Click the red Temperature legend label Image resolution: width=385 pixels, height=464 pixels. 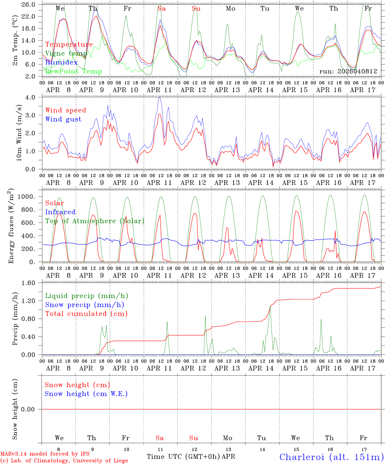click(69, 44)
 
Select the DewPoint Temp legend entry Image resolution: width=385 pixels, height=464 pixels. click(74, 72)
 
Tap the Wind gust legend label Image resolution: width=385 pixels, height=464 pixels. click(63, 119)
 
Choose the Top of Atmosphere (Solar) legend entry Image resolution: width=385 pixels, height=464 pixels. click(95, 221)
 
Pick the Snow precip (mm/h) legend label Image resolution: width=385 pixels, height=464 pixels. click(84, 305)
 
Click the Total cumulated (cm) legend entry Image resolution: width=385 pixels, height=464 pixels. click(86, 314)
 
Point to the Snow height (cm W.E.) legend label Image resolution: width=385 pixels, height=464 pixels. click(86, 394)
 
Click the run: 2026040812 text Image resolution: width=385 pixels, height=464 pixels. click(348, 72)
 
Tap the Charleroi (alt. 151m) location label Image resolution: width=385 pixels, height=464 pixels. click(332, 457)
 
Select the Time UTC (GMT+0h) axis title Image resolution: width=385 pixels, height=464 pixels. click(183, 457)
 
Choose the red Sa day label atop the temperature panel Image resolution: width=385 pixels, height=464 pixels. click(162, 9)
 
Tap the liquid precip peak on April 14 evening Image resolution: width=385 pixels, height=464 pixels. click(270, 306)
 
